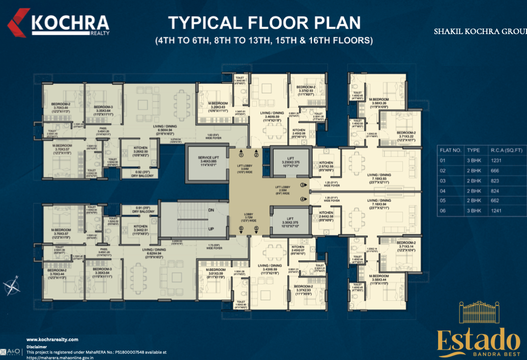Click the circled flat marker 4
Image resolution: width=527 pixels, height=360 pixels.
click(x=302, y=199)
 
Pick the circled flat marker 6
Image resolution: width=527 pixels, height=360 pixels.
click(x=242, y=228)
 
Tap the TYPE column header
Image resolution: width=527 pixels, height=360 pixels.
click(x=473, y=151)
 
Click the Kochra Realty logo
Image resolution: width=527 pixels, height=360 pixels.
click(x=58, y=24)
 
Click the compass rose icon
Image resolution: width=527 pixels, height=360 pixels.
click(x=12, y=287)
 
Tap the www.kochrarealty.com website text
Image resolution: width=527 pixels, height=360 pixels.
click(x=52, y=339)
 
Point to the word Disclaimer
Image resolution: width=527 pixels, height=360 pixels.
click(x=36, y=346)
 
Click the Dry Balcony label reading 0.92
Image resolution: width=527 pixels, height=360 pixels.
click(x=132, y=173)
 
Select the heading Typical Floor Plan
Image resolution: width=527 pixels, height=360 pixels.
click(x=264, y=23)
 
